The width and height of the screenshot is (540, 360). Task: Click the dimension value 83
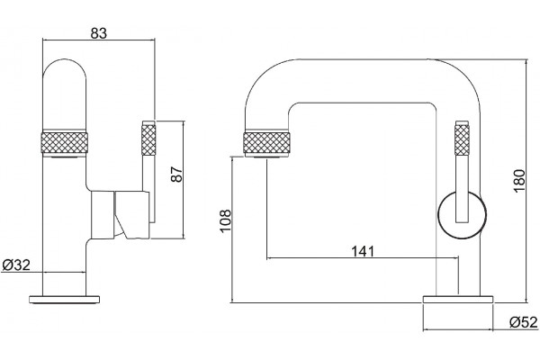99,33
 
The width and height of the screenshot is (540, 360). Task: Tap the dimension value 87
176,174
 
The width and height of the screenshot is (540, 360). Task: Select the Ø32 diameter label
16,265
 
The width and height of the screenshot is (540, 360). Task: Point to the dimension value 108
225,220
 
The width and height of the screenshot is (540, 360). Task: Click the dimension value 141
363,251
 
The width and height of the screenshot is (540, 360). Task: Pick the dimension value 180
519,181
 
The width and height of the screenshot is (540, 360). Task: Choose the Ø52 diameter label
524,322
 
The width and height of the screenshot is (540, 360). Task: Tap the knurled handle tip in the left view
148,139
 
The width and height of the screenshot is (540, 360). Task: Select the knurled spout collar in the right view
267,144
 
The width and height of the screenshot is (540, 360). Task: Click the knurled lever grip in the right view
462,139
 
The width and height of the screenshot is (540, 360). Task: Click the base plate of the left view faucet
66,300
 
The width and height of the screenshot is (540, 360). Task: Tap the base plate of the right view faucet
458,299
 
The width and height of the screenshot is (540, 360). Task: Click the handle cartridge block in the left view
121,214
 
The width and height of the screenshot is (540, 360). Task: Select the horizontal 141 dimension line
363,257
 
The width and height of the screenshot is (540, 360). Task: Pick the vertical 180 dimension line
526,181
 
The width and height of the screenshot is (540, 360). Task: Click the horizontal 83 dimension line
98,40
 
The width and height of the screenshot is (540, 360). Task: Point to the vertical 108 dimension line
232,229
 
